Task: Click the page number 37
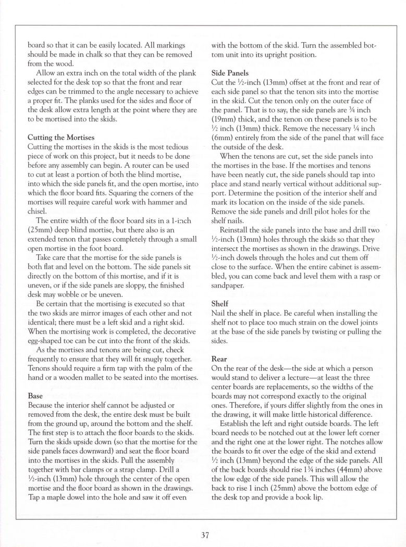203,534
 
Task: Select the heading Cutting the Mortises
60,137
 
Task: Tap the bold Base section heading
35,395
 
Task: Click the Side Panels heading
230,73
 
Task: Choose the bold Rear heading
219,359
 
